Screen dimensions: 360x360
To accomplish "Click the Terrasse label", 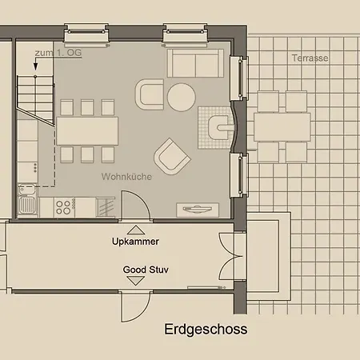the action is tap(310, 58).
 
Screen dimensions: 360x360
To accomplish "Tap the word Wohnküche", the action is tap(126, 177).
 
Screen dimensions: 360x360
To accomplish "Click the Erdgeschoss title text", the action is tap(206, 330).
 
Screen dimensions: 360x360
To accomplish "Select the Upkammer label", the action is tap(135, 242).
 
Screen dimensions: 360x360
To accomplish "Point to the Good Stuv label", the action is tap(146, 270).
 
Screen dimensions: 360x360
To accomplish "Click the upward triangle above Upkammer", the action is tap(136, 230).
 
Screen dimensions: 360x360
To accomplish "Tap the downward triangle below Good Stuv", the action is tap(135, 281).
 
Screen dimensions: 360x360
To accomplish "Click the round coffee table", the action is tap(182, 98).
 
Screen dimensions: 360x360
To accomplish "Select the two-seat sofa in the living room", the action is tap(195, 63).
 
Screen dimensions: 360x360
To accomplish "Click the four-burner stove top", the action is tap(64, 207).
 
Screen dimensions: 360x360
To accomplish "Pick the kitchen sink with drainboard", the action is tap(27, 200).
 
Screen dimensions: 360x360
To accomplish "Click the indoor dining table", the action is tap(87, 131).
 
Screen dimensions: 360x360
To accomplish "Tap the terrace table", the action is tap(282, 127).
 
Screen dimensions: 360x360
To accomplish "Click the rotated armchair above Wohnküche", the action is tap(172, 157).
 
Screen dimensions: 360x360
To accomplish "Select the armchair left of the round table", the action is tap(150, 94).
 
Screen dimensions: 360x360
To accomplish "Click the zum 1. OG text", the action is tap(58, 53).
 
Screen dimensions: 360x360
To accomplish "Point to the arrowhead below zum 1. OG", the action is tap(35, 67).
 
